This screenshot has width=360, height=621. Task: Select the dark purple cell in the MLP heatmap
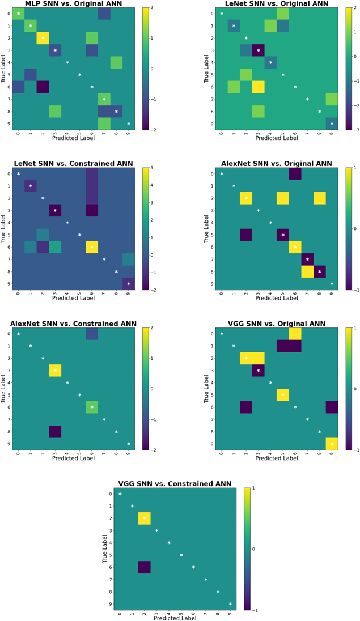pos(43,87)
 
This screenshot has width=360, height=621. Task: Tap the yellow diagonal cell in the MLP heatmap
pos(43,38)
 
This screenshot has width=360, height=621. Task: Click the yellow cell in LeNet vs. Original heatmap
pos(258,87)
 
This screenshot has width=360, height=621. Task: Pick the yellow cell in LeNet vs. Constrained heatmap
pos(91,247)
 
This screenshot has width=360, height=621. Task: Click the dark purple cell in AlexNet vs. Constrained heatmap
pos(55,432)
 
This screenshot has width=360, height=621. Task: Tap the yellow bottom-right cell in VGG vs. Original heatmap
pos(332,444)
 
